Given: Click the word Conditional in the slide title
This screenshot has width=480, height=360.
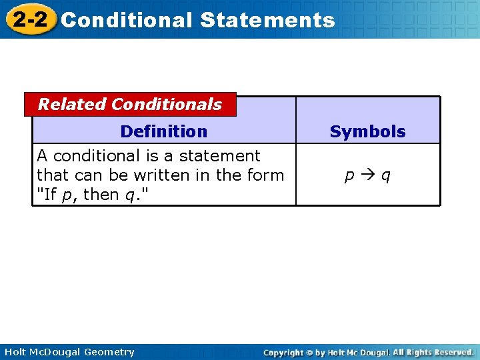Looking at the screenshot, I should click(x=126, y=20).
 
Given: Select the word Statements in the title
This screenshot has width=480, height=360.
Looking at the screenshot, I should click(x=267, y=20).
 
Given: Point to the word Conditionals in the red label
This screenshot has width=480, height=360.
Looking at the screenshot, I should click(x=167, y=104).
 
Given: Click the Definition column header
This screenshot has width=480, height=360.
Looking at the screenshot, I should click(x=163, y=131).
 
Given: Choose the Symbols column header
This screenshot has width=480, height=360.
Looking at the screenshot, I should click(x=367, y=131).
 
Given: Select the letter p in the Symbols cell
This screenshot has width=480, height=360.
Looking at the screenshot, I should click(x=349, y=176).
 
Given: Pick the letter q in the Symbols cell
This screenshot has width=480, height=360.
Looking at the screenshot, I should click(x=386, y=176).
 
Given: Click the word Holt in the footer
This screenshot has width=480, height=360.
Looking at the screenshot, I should click(x=15, y=352).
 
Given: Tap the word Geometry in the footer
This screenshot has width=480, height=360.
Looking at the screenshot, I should click(x=110, y=353).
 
